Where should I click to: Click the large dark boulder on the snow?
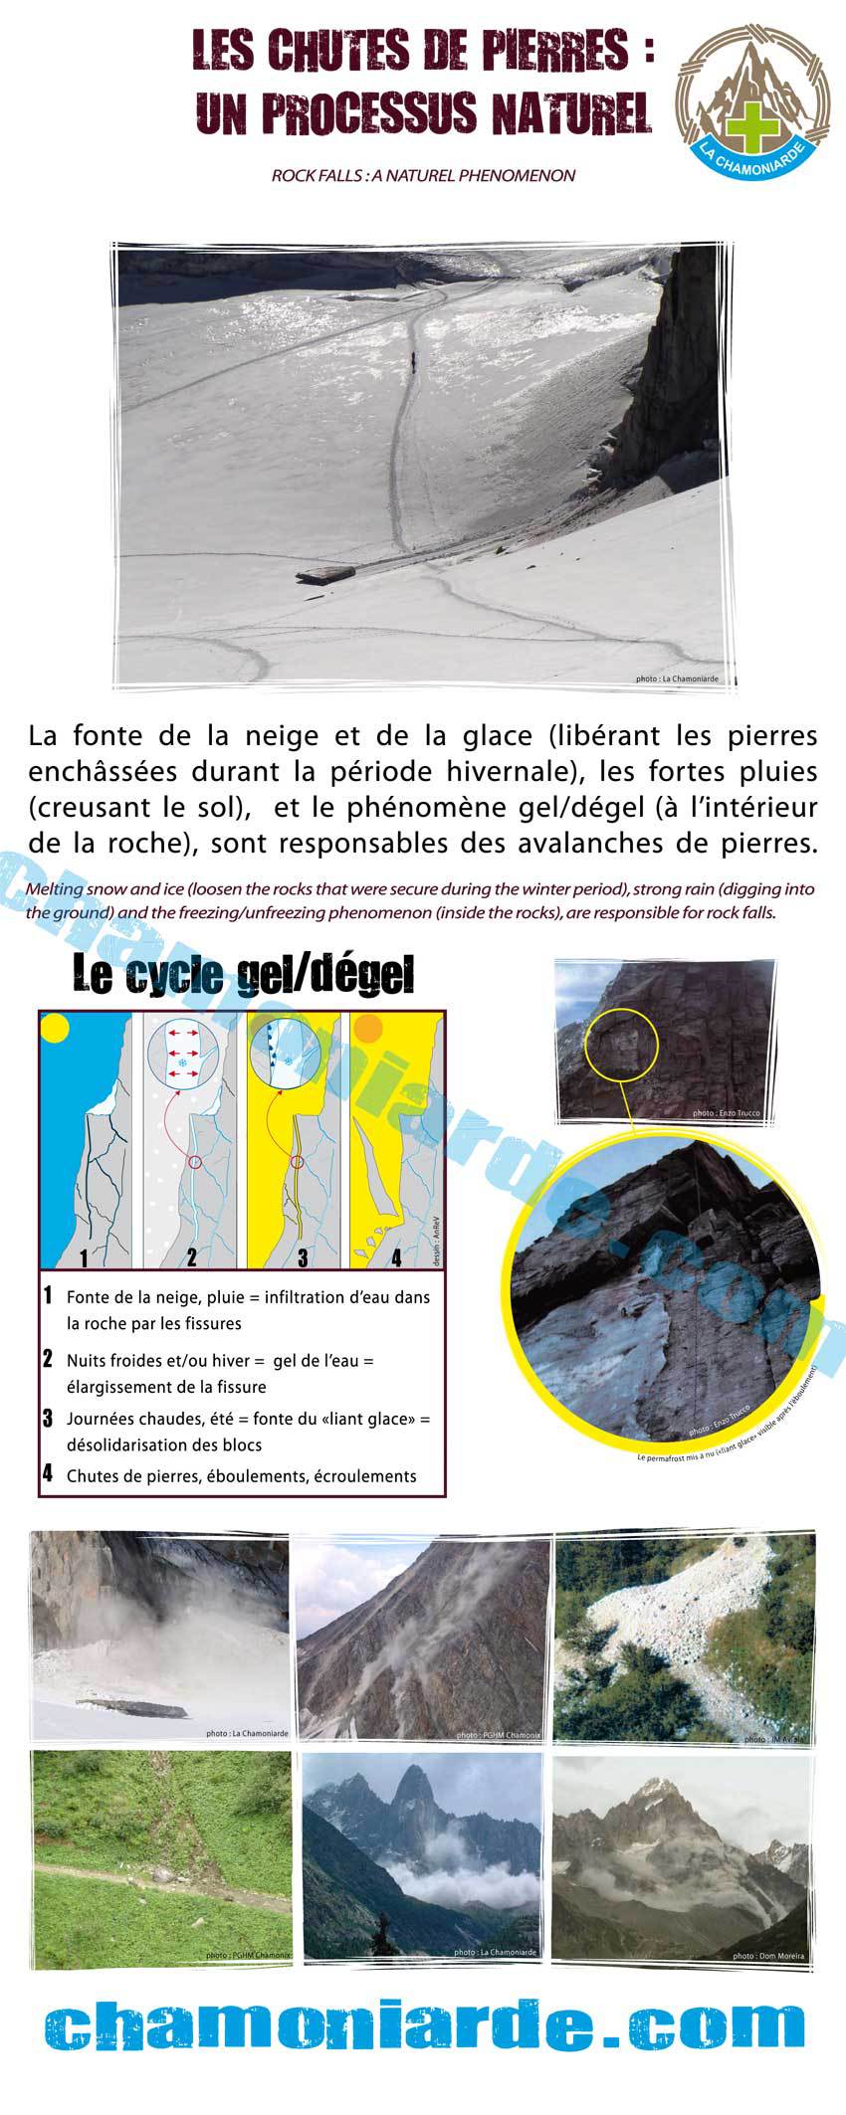(325, 574)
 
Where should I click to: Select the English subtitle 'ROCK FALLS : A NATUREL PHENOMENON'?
(423, 175)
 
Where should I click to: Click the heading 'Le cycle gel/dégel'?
(243, 976)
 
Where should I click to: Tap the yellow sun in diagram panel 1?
(55, 1028)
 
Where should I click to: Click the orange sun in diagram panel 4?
(367, 1028)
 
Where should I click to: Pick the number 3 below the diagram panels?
(302, 1257)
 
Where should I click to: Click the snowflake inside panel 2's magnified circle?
(183, 1063)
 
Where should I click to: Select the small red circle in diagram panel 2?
(196, 1161)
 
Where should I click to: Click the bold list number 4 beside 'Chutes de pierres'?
(48, 1474)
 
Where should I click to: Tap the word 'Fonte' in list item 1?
(86, 1297)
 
